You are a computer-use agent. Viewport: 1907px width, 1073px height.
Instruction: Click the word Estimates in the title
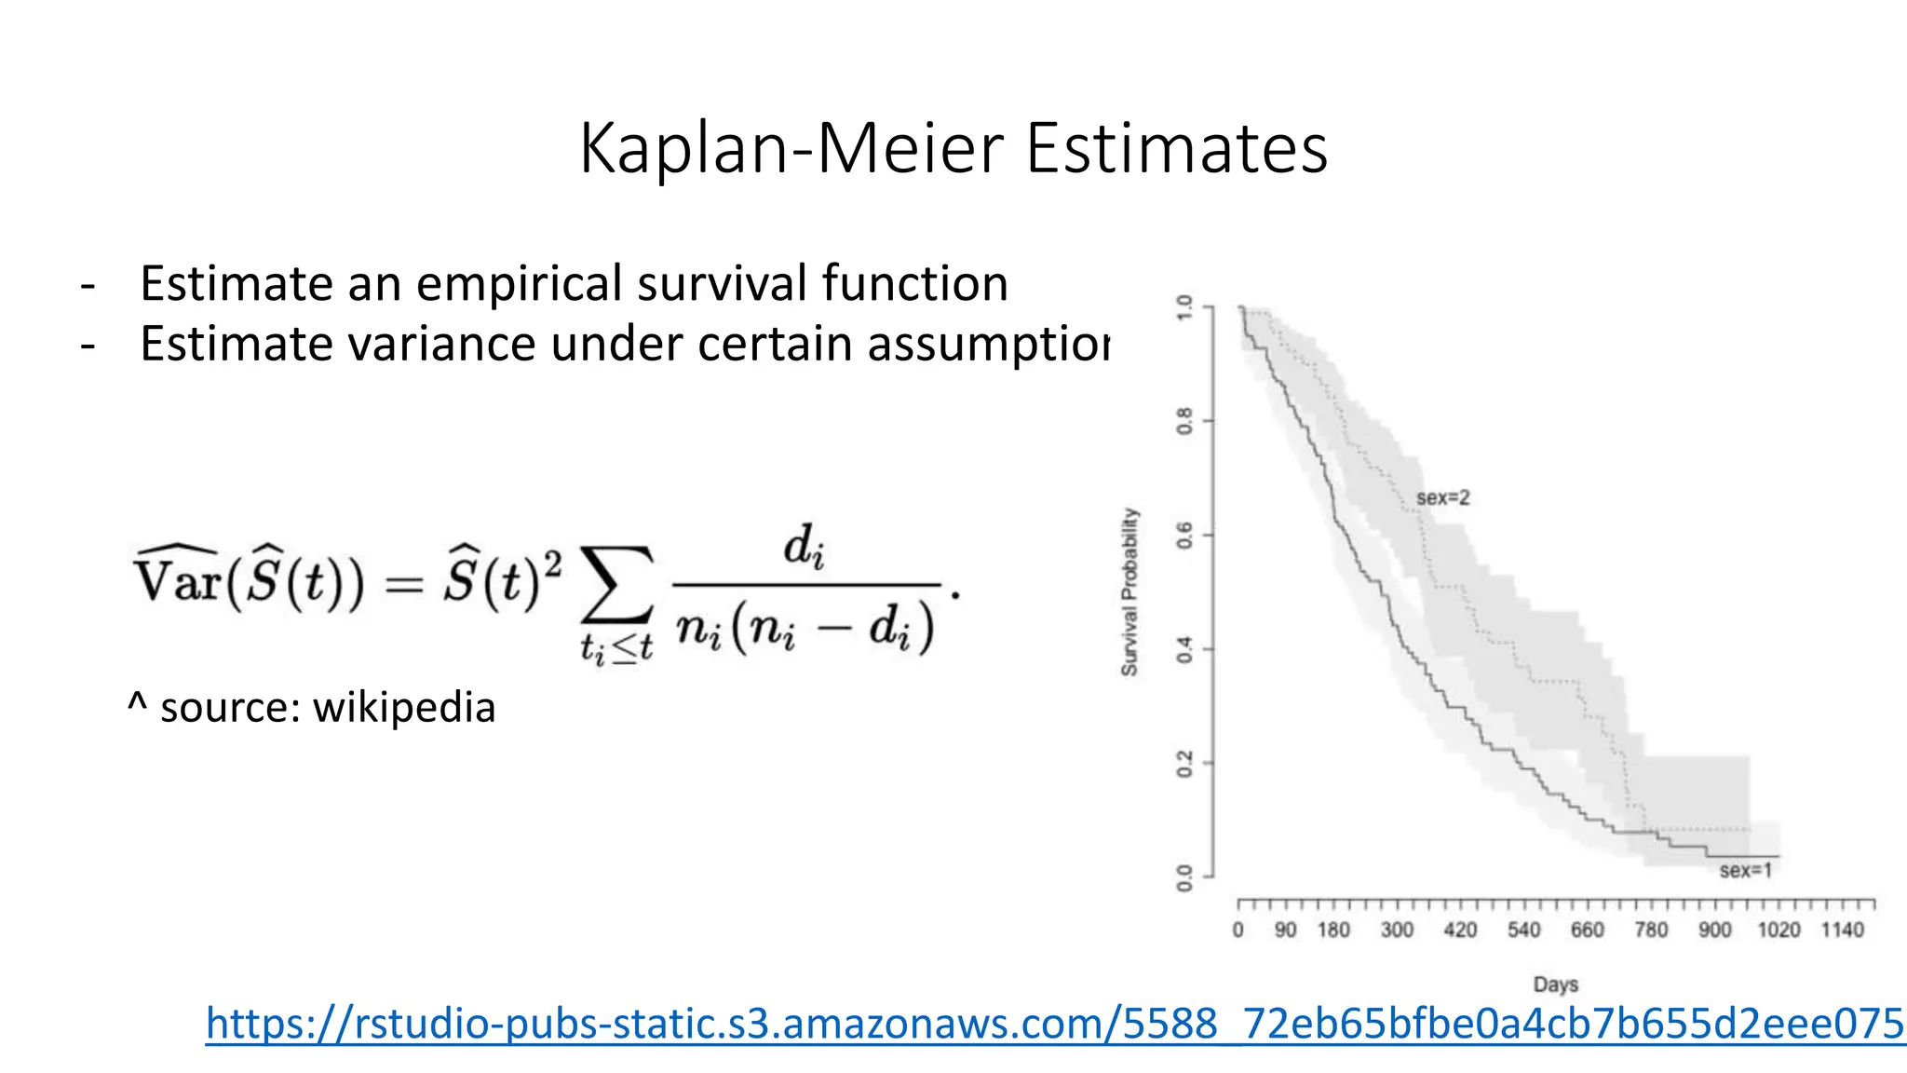1176,149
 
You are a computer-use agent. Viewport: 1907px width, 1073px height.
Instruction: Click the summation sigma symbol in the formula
616,585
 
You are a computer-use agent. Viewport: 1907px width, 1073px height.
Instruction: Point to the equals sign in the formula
404,585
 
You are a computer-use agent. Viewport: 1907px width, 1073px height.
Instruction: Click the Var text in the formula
177,579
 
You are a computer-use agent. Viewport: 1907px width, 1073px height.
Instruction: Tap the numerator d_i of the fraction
804,547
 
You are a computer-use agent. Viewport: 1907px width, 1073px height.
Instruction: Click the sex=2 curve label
1442,498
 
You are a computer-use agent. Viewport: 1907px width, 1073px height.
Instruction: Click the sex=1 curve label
1745,871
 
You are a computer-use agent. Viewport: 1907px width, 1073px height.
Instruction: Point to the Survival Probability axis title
1129,591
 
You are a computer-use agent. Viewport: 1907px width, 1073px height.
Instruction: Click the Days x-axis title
1555,985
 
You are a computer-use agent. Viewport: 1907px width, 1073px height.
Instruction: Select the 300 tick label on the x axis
1397,930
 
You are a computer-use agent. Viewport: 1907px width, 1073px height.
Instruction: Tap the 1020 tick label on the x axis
1778,930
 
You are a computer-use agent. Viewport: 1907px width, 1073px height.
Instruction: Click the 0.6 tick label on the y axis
1184,536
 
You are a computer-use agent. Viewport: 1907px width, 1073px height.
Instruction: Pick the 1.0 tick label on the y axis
1184,307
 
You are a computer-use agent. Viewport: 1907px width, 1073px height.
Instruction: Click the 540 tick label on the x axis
1523,930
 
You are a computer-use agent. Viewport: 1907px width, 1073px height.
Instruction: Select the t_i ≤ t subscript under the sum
616,647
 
